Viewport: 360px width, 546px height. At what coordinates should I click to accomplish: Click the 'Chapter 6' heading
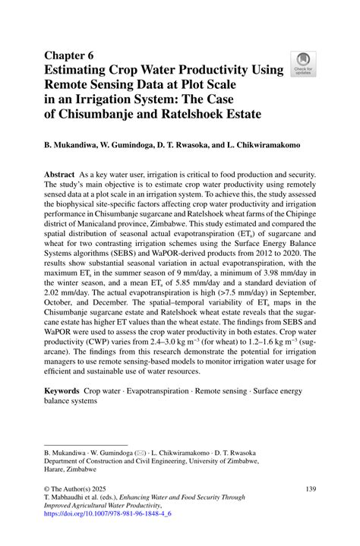(70, 55)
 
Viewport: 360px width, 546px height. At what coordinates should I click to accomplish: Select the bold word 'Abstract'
(62, 174)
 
